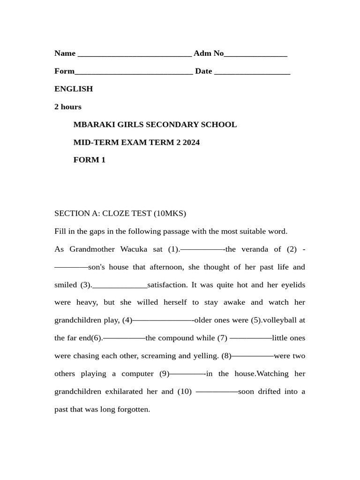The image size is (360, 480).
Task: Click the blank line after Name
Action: coord(135,55)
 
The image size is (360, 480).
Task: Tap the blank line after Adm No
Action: coord(255,55)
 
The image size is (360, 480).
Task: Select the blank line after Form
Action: coord(134,73)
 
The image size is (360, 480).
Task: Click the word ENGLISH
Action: coord(74,89)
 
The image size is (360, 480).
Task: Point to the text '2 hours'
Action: coord(68,106)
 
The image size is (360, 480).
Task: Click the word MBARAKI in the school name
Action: coord(94,124)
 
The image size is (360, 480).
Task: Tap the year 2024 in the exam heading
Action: coord(191,142)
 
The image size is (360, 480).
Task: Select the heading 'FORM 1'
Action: coord(90,160)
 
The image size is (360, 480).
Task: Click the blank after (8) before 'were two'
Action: coord(253,356)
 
